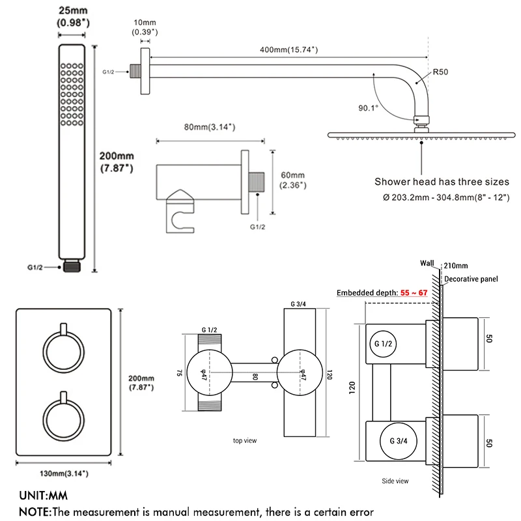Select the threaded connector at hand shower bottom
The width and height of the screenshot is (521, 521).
pos(72,267)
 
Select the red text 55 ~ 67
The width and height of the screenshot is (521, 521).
pos(414,293)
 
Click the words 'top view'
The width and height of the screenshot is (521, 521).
pos(245,441)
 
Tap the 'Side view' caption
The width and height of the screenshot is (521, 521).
pos(395,481)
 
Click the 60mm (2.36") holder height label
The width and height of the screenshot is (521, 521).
pos(292,180)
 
